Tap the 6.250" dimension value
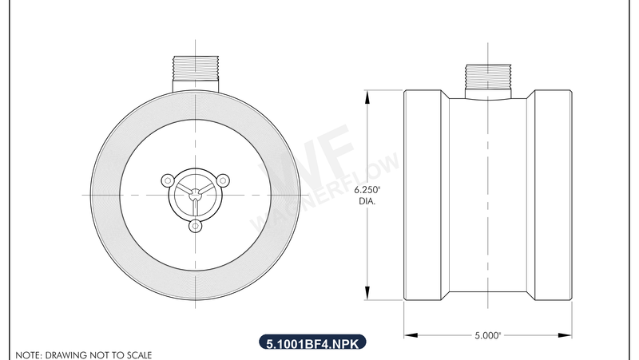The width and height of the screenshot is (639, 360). pos(367,190)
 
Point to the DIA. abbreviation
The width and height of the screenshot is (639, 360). pos(367,202)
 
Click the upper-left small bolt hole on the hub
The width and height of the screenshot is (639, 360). pos(169,180)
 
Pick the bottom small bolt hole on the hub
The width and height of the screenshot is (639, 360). pos(195,226)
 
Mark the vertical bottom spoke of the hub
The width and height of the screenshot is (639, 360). pos(195,205)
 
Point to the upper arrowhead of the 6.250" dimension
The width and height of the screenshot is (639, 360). pos(367,96)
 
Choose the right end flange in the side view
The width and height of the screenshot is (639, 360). pos(553,196)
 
